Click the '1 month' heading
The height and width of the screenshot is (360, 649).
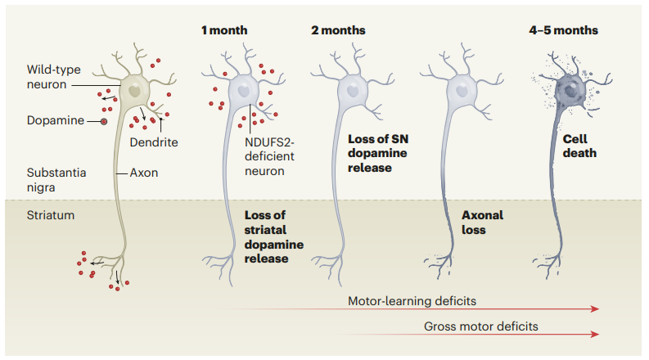point(224,30)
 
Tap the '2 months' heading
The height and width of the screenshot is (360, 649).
point(338,30)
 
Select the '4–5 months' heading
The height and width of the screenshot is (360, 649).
point(563,30)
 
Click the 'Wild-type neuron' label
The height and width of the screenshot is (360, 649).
point(54,77)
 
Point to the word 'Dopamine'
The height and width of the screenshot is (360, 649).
point(56,120)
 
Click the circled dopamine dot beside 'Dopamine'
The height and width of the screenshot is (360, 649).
point(104,122)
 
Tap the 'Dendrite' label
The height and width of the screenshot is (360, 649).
point(154,142)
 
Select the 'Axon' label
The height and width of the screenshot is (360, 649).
point(143,173)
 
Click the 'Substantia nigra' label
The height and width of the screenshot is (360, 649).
point(56,179)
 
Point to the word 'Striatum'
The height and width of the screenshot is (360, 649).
point(51,215)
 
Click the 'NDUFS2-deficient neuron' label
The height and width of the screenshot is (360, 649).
point(269,156)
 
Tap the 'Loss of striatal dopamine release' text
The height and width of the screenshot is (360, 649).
point(273,236)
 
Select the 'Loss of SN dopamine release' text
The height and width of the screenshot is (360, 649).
point(378,153)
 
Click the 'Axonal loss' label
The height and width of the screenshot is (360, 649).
point(482,223)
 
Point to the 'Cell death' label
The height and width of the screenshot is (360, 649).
point(579,146)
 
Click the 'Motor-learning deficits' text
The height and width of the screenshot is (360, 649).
point(412,301)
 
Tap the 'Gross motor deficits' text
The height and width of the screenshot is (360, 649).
point(481,326)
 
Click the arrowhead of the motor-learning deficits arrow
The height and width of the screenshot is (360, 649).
point(595,308)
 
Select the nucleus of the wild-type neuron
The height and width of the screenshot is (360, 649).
point(134,90)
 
